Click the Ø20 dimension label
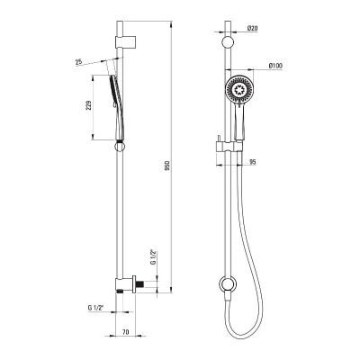click(253, 28)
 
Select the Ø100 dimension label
click(275, 66)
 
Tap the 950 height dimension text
click(167, 166)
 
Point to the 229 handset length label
click(89, 105)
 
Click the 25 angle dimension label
click(78, 62)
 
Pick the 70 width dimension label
click(126, 332)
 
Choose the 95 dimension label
click(253, 162)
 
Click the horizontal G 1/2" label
click(95, 308)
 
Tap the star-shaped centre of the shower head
click(239, 90)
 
